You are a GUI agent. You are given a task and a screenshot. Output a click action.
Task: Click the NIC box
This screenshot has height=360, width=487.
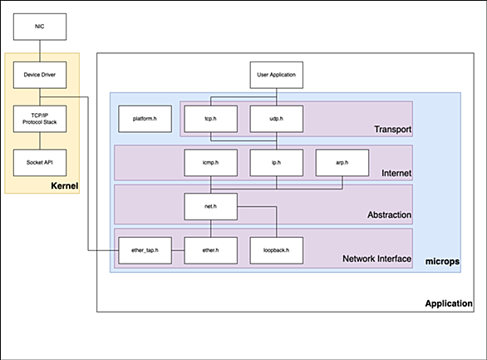tap(40, 27)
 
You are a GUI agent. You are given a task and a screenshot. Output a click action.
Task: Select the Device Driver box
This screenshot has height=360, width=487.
tap(40, 75)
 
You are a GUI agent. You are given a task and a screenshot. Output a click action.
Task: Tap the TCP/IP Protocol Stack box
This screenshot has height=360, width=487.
tap(40, 119)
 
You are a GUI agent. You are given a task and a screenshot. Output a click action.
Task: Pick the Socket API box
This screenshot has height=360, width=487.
tap(40, 162)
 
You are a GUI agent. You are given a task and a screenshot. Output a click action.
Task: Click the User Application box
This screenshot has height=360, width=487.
tap(277, 75)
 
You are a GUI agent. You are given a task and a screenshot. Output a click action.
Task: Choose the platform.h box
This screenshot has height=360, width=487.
tap(145, 119)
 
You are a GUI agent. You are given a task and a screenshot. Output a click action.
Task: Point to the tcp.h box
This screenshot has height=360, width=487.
tap(210, 119)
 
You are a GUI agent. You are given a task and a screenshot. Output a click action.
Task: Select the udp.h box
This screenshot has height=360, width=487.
tap(277, 119)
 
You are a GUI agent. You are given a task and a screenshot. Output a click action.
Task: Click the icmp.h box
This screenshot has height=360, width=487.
tap(210, 162)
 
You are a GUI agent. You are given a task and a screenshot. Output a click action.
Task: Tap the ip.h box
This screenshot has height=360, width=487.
tap(277, 162)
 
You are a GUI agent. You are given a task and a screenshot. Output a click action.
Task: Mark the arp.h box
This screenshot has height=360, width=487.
tap(342, 162)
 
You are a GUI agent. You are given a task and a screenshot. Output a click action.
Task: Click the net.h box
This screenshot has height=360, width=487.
tap(210, 206)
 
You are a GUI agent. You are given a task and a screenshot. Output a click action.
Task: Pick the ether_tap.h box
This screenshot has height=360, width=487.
tap(145, 250)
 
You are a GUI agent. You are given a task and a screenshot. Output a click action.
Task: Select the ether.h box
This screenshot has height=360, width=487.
tap(210, 250)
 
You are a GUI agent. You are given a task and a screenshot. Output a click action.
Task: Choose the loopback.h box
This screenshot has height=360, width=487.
tap(277, 250)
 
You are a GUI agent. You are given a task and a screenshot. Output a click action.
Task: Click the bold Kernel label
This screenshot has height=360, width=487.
tap(65, 185)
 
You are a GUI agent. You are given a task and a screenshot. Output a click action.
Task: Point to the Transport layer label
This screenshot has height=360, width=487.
tap(392, 129)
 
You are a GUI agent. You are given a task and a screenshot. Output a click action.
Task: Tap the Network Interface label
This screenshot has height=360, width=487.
tap(376, 259)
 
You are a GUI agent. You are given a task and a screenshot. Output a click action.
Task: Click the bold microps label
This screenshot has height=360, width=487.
tap(442, 262)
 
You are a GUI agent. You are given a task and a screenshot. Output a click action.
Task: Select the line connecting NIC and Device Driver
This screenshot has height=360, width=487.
tap(40, 51)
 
